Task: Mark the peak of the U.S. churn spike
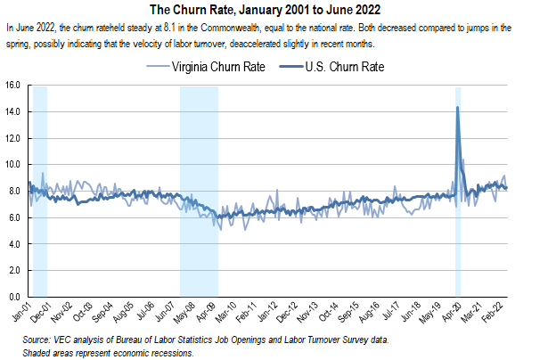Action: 457,108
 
